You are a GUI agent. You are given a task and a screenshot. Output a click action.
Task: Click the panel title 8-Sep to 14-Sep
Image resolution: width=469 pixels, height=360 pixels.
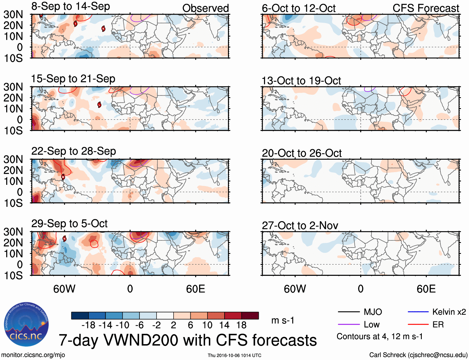pyautogui.click(x=71, y=7)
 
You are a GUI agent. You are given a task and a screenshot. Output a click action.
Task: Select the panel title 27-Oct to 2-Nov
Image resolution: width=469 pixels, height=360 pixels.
pyautogui.click(x=300, y=226)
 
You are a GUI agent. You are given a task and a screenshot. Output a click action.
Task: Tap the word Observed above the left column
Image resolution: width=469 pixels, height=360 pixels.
pyautogui.click(x=205, y=8)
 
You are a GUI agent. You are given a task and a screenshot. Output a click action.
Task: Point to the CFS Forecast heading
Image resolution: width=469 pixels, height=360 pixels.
pyautogui.click(x=426, y=8)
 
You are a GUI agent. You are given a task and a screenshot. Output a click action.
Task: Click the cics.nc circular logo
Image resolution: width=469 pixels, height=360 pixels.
pyautogui.click(x=26, y=325)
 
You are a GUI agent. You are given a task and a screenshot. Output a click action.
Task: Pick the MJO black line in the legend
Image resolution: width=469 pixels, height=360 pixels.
pyautogui.click(x=348, y=312)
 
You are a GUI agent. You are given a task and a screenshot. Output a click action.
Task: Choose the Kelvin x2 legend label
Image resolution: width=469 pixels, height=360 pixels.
pyautogui.click(x=449, y=312)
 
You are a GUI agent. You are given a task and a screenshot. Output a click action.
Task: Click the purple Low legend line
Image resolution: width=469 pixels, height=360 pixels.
pyautogui.click(x=348, y=325)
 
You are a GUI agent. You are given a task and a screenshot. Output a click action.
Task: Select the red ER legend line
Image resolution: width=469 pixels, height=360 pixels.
pyautogui.click(x=418, y=325)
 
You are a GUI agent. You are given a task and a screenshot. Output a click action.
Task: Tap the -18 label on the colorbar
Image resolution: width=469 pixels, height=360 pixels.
pyautogui.click(x=88, y=325)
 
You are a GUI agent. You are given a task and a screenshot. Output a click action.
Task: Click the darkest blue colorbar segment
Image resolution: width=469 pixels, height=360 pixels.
pyautogui.click(x=80, y=316)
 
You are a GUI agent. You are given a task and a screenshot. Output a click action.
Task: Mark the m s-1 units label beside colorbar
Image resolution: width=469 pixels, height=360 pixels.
pyautogui.click(x=283, y=320)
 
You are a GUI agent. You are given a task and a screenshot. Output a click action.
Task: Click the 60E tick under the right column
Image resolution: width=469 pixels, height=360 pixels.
pyautogui.click(x=426, y=289)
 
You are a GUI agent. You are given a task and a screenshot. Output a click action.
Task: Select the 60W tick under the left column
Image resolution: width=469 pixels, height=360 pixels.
pyautogui.click(x=64, y=289)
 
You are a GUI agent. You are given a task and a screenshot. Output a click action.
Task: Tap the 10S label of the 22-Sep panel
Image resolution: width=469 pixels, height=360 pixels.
pyautogui.click(x=13, y=203)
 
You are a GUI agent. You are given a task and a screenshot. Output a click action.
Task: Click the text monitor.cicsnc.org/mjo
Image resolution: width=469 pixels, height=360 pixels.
pyautogui.click(x=33, y=355)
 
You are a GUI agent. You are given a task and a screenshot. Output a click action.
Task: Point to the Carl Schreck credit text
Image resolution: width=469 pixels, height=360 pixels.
pyautogui.click(x=418, y=355)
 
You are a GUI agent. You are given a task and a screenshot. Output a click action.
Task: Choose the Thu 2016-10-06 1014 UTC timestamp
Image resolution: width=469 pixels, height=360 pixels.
pyautogui.click(x=234, y=355)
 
